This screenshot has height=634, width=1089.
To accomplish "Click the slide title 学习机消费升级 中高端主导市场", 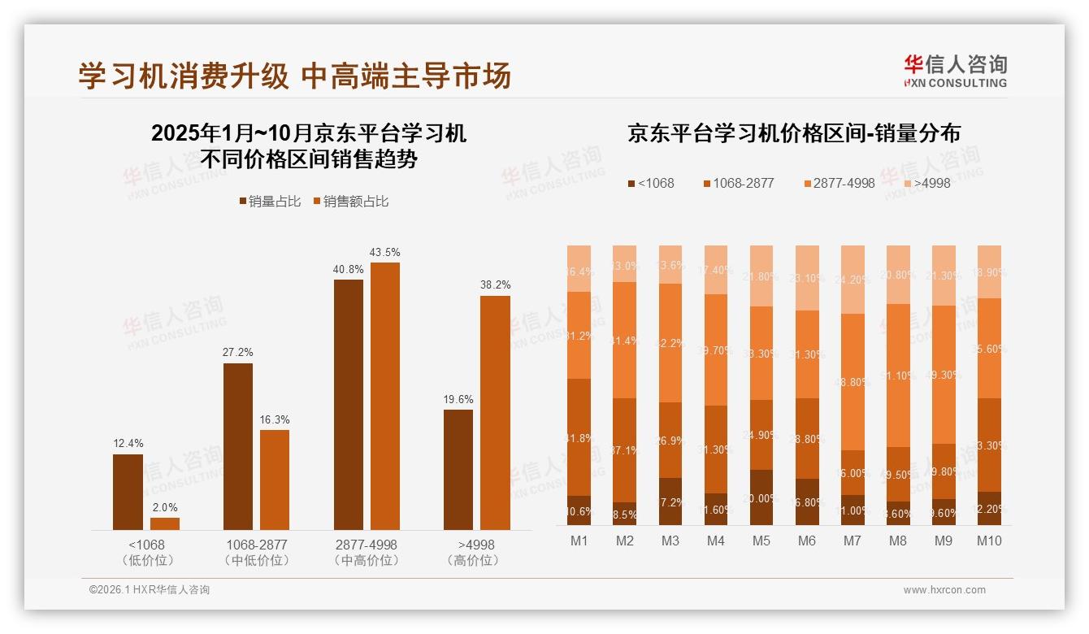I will (x=294, y=76).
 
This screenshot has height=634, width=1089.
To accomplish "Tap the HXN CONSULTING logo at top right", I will (x=955, y=71).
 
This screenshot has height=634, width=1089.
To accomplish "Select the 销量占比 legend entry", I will (x=269, y=201).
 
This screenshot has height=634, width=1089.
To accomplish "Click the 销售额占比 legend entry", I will (x=350, y=201).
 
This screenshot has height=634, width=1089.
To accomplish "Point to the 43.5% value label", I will (x=384, y=253).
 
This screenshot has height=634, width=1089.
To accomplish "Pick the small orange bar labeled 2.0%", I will (x=165, y=523).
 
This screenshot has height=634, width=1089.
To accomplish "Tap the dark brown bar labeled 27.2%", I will (x=238, y=446).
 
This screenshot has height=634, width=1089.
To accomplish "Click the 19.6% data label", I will (x=458, y=399).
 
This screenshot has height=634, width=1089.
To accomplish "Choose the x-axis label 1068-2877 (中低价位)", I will (x=257, y=552).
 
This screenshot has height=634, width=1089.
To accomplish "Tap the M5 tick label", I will (x=761, y=541).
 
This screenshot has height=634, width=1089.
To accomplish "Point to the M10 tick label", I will (x=988, y=541).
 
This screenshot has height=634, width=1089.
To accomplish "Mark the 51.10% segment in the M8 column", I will (x=897, y=376).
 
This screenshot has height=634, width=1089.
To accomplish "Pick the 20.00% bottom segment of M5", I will (x=761, y=497).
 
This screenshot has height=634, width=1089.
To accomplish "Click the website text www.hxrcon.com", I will (x=944, y=590).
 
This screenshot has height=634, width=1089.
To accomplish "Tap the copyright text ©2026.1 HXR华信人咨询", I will (x=150, y=590).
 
